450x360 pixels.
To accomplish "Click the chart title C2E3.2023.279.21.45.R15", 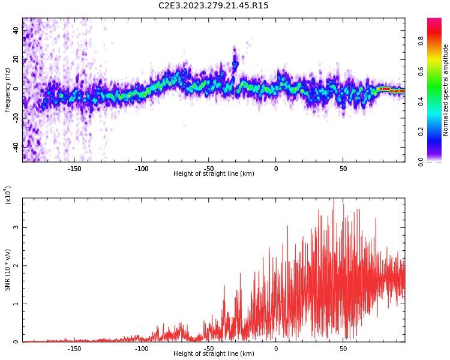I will (214, 6).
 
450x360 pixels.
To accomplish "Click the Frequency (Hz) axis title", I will (8, 90).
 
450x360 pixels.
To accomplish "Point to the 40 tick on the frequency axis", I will (17, 31).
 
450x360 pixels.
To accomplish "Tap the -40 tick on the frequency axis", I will (16, 146).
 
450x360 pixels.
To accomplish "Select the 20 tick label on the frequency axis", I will (17, 60).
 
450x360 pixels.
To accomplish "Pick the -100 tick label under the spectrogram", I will (142, 169).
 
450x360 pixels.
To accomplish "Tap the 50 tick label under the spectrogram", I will (343, 169).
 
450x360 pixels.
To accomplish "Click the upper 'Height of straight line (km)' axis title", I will (214, 174).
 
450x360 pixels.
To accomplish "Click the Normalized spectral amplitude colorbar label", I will (446, 90).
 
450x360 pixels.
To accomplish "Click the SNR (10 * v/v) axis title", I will (8, 270).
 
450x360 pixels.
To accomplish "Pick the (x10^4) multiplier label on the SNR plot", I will (8, 196).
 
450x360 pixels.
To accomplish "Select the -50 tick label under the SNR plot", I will (209, 349).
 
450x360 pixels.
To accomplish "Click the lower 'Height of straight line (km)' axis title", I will (214, 354).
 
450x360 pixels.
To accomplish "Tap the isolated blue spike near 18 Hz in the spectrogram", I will (235, 63).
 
